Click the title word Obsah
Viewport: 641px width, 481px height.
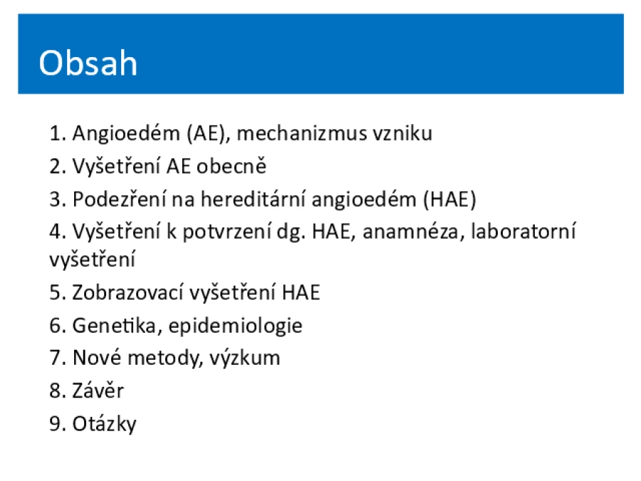tap(88, 63)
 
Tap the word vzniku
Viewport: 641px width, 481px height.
tap(402, 133)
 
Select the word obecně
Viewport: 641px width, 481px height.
tap(231, 166)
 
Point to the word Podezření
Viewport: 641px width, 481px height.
tap(120, 200)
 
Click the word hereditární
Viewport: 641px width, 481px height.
tap(253, 200)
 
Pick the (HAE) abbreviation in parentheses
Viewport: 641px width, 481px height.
tap(450, 200)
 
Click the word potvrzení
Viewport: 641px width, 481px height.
tap(227, 232)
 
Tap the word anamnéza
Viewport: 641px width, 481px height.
tap(413, 232)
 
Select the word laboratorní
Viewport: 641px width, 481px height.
tap(523, 231)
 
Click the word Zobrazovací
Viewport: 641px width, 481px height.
tap(128, 292)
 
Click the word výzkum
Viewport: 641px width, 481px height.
tap(245, 358)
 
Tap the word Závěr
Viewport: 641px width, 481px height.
tap(98, 391)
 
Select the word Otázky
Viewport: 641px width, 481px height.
tap(104, 424)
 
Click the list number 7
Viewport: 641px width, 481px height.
tap(58, 358)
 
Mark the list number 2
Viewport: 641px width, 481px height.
tap(58, 167)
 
